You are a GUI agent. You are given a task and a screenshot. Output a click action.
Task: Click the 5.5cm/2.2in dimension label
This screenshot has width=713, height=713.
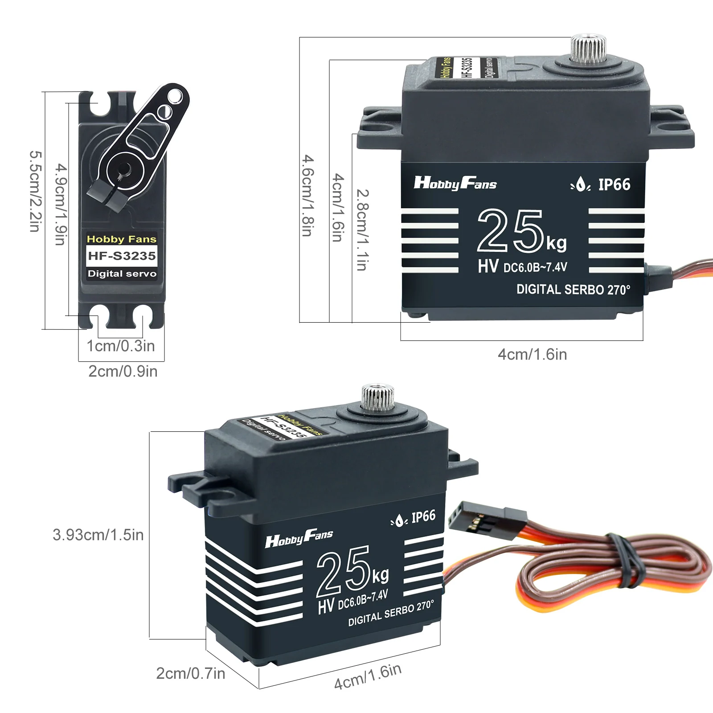point(35,192)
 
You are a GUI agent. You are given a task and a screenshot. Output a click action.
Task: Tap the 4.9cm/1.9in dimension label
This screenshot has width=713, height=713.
point(61,205)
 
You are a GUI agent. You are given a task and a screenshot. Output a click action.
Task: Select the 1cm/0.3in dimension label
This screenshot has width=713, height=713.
point(121,346)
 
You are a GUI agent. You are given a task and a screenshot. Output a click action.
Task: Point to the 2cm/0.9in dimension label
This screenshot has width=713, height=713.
point(123,371)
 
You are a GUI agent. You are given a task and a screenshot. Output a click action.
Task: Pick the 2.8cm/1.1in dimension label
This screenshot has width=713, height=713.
point(362,230)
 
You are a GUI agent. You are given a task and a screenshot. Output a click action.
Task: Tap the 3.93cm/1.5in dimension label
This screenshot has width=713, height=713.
point(98,535)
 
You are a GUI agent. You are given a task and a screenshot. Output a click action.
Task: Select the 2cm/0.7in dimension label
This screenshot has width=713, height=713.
point(191,673)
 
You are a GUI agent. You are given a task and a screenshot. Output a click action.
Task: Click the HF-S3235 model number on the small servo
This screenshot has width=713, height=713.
point(122,256)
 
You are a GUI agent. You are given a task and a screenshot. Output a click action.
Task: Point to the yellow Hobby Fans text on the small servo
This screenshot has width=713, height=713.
point(122,239)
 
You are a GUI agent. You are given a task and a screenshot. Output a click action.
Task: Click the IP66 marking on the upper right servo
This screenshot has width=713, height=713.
point(614,184)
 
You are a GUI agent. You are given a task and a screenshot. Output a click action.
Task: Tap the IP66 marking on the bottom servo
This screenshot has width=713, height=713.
point(423,517)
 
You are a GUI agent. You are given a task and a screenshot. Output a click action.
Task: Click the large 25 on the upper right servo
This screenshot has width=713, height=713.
point(510,231)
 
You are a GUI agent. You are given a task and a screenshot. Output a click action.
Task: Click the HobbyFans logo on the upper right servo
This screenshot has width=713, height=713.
point(455,183)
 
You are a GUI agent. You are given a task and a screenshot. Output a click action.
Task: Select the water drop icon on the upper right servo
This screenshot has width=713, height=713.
point(581,184)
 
